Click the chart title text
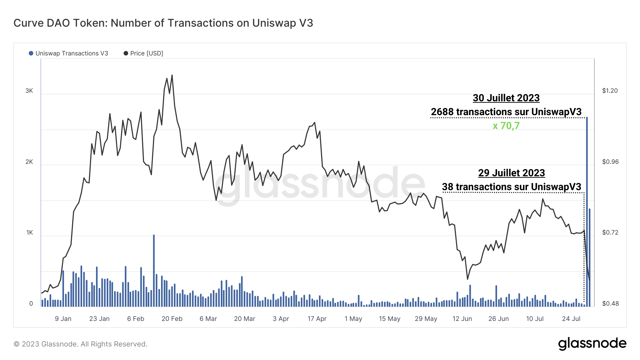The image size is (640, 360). pos(163,23)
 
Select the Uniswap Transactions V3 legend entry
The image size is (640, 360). pos(68,53)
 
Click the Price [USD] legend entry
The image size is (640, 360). pos(143,53)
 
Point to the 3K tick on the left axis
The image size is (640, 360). pos(29,91)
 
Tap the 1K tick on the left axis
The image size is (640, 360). pos(29,232)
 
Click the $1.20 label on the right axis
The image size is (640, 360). pos(610,91)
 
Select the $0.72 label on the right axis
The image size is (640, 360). pos(610,232)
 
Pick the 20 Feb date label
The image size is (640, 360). pos(172,319)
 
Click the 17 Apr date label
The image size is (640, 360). pos(317,319)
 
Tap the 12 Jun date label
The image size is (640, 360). pos(462,319)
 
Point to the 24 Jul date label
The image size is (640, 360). pos(571,319)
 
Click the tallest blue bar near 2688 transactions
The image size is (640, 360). pos(587,213)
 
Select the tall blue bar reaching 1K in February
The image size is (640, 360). pos(154,270)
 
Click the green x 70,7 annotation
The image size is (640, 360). pos(506,126)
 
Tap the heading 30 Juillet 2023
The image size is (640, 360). pos(506,98)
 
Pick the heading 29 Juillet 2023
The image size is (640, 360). pos(511,173)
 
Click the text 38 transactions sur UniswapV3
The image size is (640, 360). pos(511,187)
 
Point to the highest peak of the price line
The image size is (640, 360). pos(172,75)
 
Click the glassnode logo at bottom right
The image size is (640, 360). pos(592,344)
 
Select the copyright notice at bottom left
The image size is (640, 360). pos(80,344)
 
